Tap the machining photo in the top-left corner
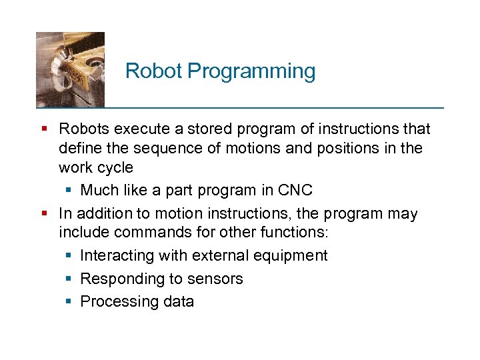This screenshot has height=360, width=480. [70, 69]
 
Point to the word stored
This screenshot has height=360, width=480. [209, 129]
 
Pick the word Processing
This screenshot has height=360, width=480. [118, 301]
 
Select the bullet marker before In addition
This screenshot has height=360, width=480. [43, 214]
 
